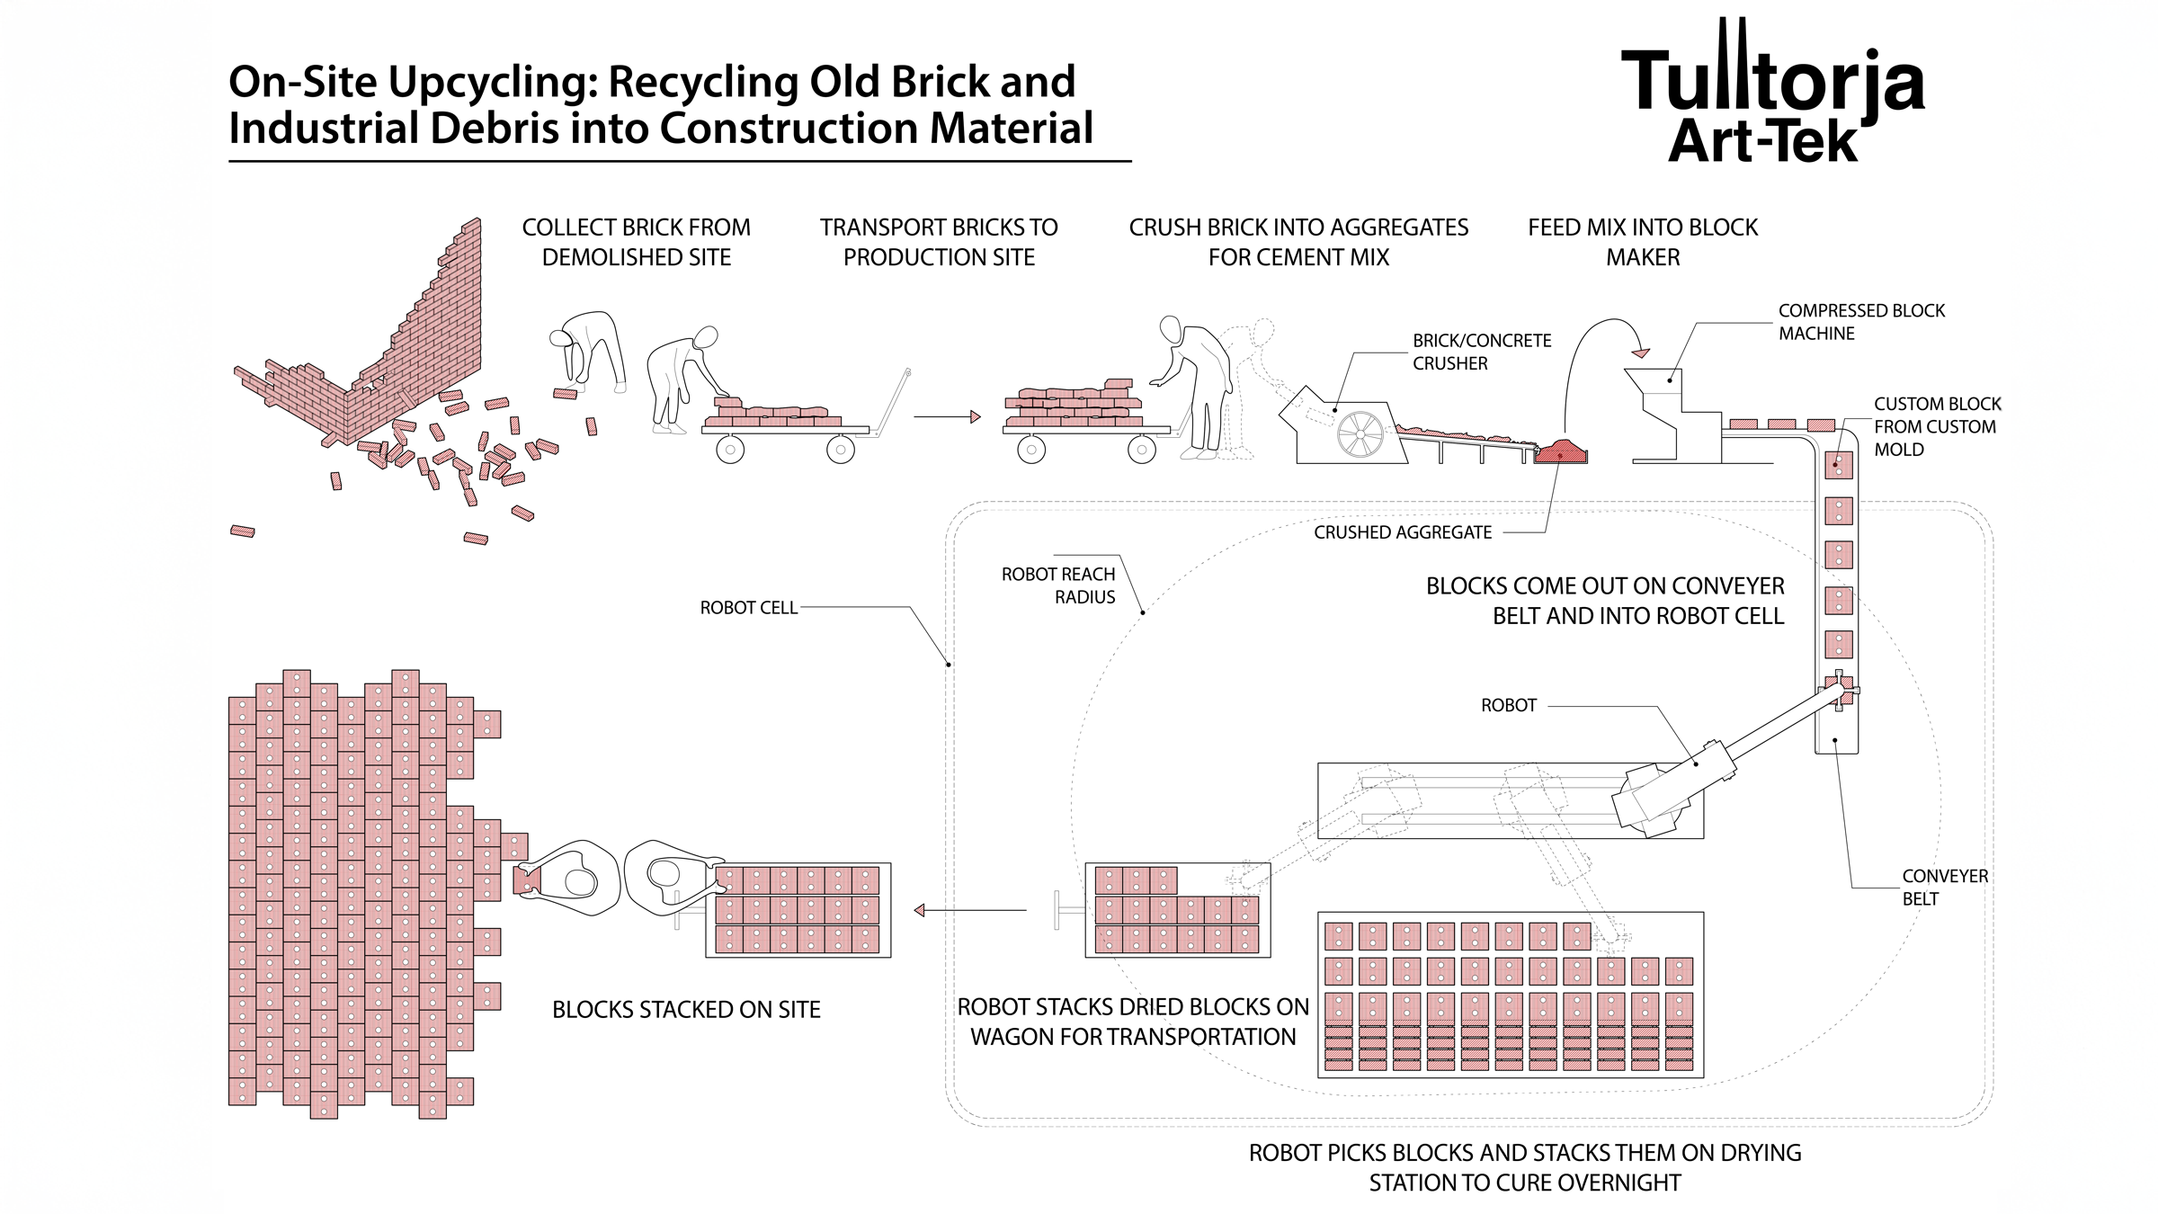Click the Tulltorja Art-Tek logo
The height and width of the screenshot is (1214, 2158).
pyautogui.click(x=1771, y=94)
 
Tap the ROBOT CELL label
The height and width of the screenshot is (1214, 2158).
pyautogui.click(x=748, y=608)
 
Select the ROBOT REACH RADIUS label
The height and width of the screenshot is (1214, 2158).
pyautogui.click(x=1058, y=585)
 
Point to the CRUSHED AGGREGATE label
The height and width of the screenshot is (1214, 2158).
pyautogui.click(x=1402, y=532)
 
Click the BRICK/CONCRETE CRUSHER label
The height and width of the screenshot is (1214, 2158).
pyautogui.click(x=1481, y=352)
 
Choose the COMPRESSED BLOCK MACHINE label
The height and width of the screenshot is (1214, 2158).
pyautogui.click(x=1860, y=322)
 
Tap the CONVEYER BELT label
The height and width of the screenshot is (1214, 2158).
pyautogui.click(x=1944, y=887)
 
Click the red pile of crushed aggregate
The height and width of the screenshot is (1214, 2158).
pyautogui.click(x=1562, y=451)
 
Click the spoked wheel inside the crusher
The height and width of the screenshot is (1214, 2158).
pyautogui.click(x=1360, y=434)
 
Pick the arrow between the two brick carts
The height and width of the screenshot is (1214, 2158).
pyautogui.click(x=948, y=416)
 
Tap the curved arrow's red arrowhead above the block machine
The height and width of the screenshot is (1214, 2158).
pyautogui.click(x=1641, y=353)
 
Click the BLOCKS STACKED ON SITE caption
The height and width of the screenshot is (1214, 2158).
pyautogui.click(x=686, y=1010)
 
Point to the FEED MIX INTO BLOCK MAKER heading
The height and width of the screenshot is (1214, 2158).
pyautogui.click(x=1642, y=242)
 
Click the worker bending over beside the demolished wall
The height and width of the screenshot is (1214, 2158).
pyautogui.click(x=589, y=351)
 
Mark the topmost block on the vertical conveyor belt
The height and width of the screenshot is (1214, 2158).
pyautogui.click(x=1838, y=465)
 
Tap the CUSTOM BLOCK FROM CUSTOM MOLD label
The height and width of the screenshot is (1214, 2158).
pyautogui.click(x=1936, y=426)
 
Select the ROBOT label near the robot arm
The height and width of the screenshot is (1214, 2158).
pyautogui.click(x=1508, y=706)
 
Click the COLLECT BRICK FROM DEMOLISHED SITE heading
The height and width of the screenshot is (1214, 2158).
pyautogui.click(x=636, y=242)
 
